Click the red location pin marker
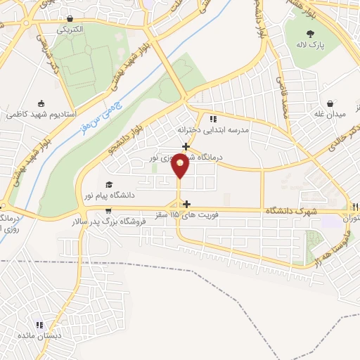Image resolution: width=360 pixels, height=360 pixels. (x=181, y=166)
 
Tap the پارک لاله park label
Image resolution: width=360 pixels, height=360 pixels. (x=311, y=44)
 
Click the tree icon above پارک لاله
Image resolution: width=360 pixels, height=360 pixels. (x=311, y=32)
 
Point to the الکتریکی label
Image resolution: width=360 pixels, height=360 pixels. (x=70, y=30)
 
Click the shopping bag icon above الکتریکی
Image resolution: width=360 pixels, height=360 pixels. (x=70, y=19)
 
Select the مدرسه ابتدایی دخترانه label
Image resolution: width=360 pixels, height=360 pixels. (x=236, y=131)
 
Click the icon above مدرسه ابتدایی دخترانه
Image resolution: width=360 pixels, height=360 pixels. (x=213, y=118)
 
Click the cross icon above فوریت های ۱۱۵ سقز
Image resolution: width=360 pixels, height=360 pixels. (x=186, y=204)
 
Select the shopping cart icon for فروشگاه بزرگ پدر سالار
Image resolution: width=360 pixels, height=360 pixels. (x=108, y=210)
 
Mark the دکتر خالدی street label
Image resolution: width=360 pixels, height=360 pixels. (x=347, y=129)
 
